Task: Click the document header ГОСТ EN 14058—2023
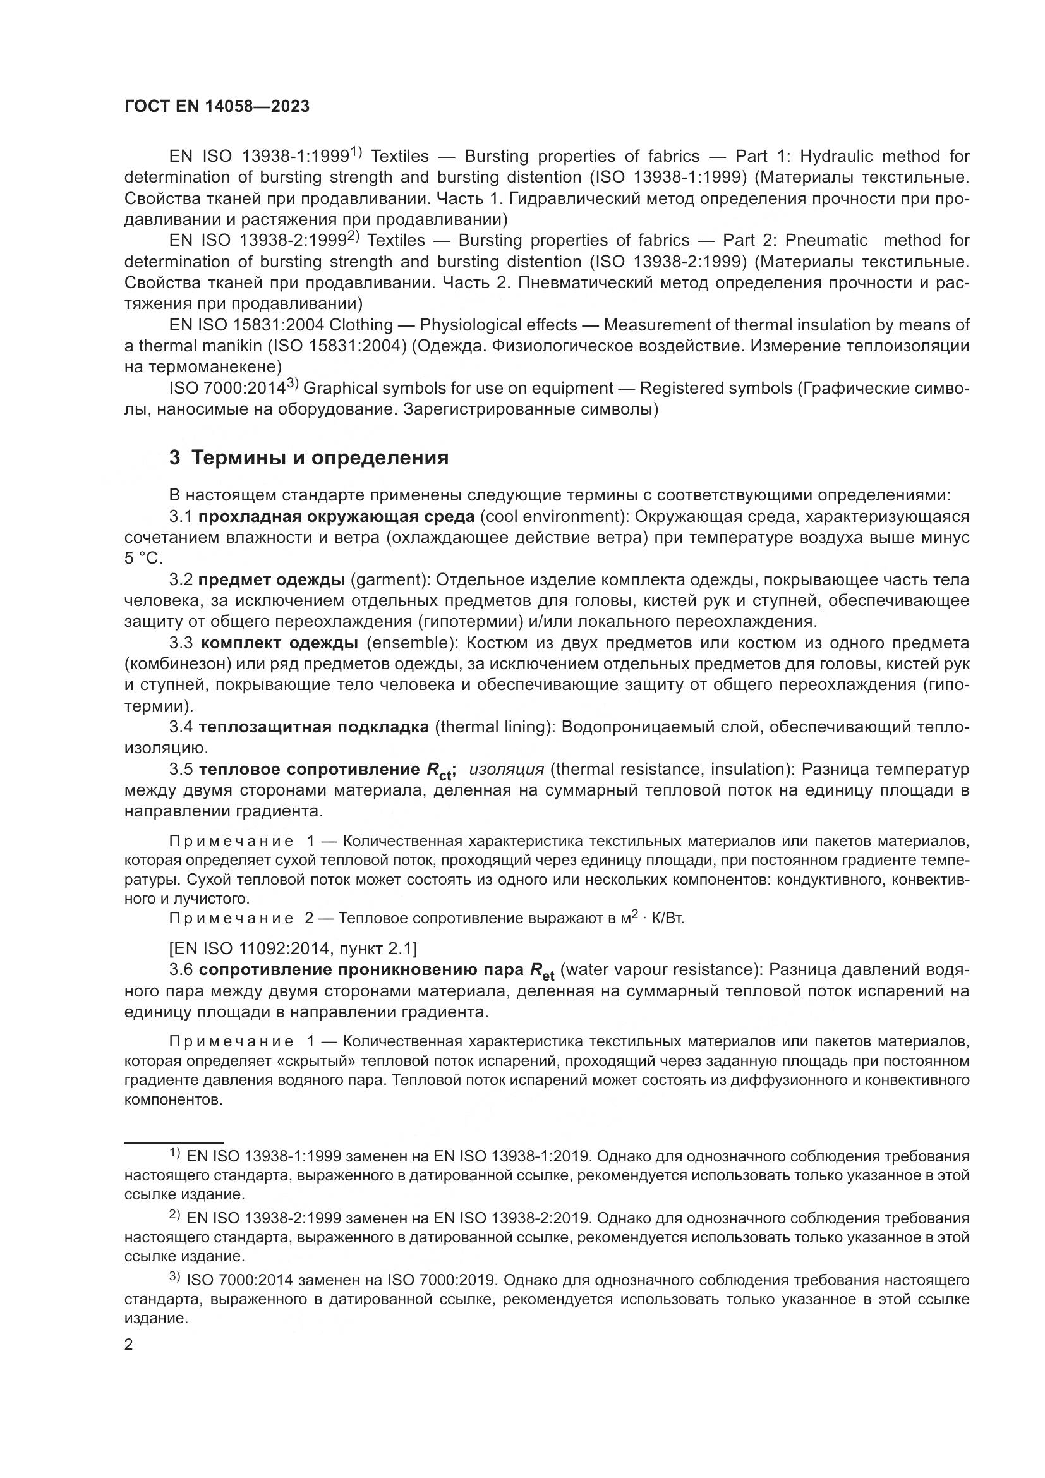[217, 107]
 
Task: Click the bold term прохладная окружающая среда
[336, 517]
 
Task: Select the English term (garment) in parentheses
[390, 580]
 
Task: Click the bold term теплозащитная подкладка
[313, 727]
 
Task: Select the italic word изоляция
[507, 770]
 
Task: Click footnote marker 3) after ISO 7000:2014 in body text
[293, 384]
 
